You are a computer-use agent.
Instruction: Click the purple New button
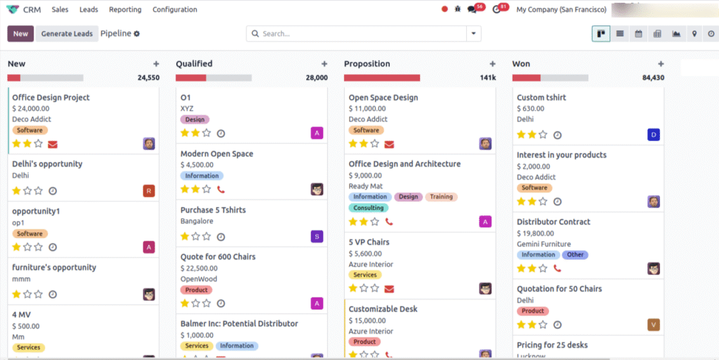point(20,34)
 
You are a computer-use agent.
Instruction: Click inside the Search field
point(358,34)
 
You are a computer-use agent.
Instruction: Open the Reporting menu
point(125,10)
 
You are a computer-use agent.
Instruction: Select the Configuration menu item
point(175,10)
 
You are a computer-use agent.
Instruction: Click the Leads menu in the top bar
point(88,10)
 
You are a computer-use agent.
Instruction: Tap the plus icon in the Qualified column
point(324,64)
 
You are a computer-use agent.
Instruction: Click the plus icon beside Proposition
point(492,64)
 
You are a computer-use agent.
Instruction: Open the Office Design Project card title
point(51,98)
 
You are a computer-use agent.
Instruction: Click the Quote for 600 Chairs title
point(218,257)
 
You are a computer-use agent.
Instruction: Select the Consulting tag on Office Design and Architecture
point(369,208)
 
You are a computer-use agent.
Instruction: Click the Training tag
point(441,197)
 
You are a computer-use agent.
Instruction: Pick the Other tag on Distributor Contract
point(575,255)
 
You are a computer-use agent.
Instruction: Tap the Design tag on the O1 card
point(194,120)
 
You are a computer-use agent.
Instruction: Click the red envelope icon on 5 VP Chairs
point(389,288)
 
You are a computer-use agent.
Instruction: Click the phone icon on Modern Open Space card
point(221,189)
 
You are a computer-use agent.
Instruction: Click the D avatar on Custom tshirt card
point(654,134)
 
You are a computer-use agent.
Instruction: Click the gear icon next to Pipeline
point(137,34)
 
